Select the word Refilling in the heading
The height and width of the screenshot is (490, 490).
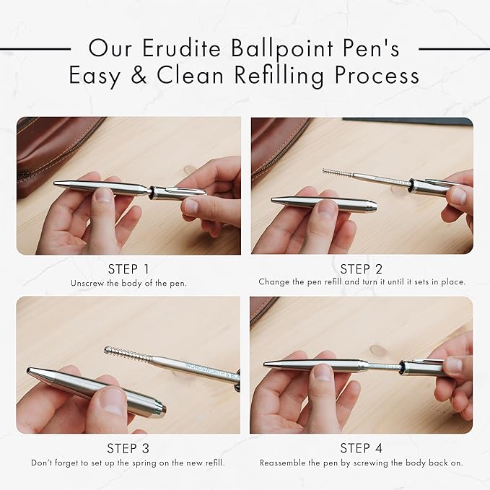click(x=279, y=76)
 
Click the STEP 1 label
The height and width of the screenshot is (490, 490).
click(x=128, y=269)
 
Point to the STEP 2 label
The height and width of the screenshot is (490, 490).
click(x=362, y=269)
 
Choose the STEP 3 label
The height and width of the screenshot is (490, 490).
click(x=128, y=448)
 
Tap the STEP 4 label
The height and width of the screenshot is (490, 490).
click(x=362, y=448)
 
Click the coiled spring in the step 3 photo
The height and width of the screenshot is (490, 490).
click(x=128, y=355)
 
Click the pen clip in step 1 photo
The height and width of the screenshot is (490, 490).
click(x=184, y=190)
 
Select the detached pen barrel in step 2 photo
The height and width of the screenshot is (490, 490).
click(x=324, y=202)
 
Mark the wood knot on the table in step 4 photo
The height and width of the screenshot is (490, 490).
click(x=378, y=351)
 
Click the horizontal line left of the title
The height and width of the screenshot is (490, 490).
click(x=35, y=49)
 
